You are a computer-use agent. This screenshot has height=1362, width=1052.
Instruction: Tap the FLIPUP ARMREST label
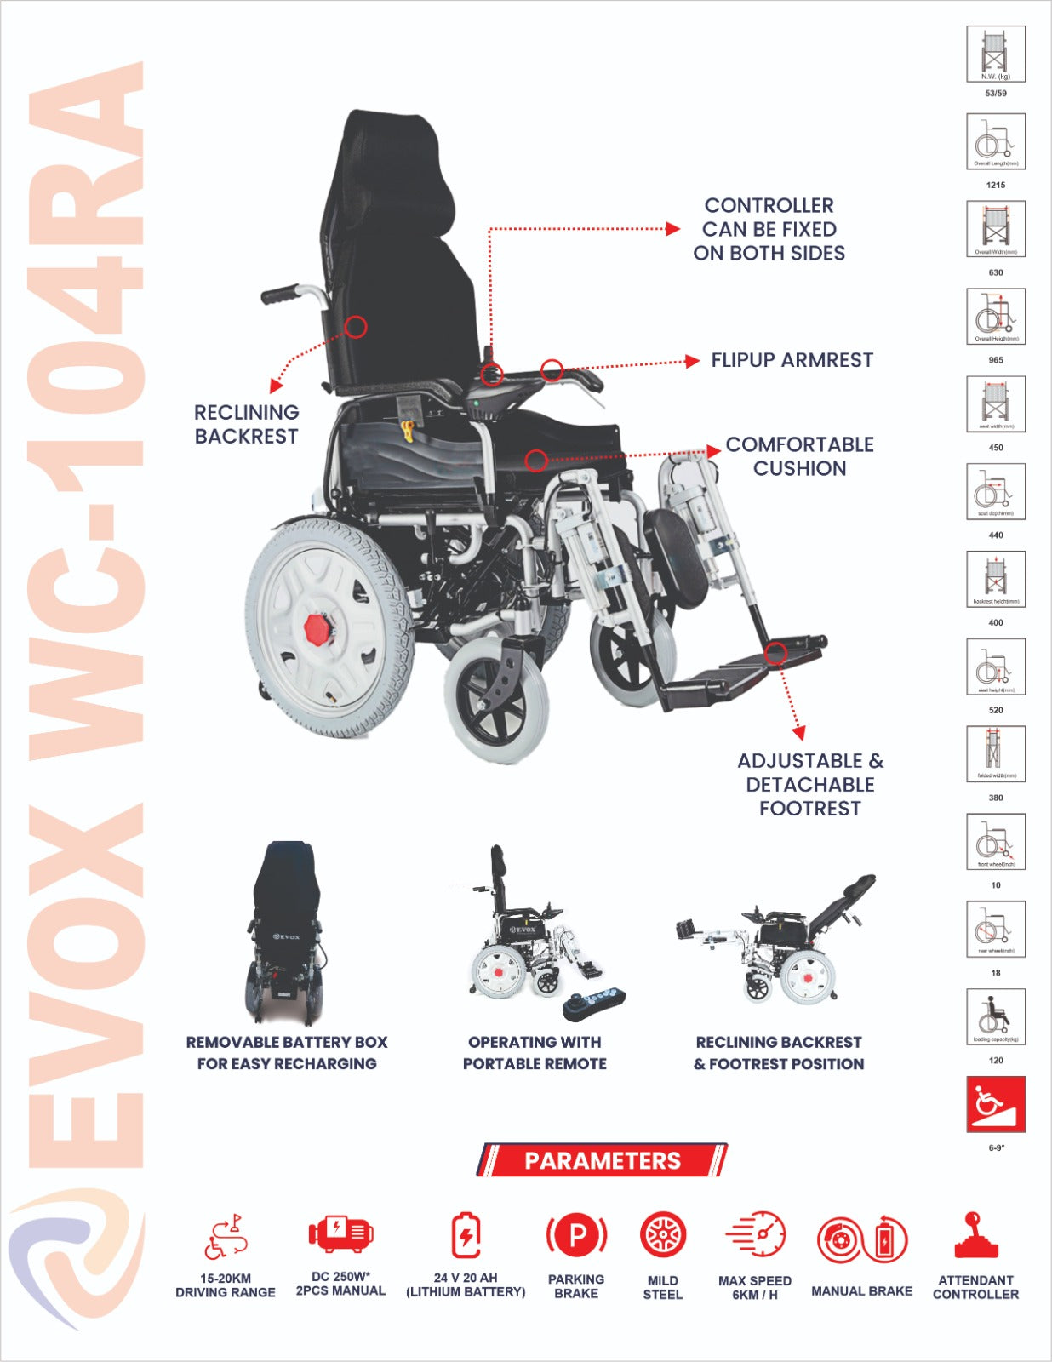(x=792, y=360)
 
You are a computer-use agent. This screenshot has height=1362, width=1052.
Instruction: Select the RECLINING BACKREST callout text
(x=246, y=424)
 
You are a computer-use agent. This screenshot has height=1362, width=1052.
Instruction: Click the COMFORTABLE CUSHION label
(x=798, y=456)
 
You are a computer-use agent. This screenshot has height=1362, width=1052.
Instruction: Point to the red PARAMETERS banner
(x=602, y=1160)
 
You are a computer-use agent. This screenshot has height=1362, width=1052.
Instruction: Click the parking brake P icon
(x=576, y=1234)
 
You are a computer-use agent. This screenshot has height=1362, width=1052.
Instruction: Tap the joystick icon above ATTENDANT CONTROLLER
(x=975, y=1236)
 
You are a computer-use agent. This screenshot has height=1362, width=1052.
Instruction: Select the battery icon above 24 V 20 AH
(x=466, y=1235)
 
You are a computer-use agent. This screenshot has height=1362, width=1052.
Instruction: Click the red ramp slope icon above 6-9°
(x=996, y=1104)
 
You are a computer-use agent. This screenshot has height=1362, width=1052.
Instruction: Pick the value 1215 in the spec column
(x=996, y=185)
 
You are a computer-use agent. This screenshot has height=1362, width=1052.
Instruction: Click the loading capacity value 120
(x=996, y=1061)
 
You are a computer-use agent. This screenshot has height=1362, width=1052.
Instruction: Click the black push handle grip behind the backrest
(x=280, y=295)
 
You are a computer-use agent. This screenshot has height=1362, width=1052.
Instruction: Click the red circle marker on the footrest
(x=775, y=654)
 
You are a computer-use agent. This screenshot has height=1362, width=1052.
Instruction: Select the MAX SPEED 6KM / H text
(x=754, y=1288)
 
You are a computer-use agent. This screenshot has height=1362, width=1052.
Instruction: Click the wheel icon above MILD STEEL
(x=662, y=1235)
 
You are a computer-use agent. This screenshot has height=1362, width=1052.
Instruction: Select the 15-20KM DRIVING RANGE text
(x=226, y=1285)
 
